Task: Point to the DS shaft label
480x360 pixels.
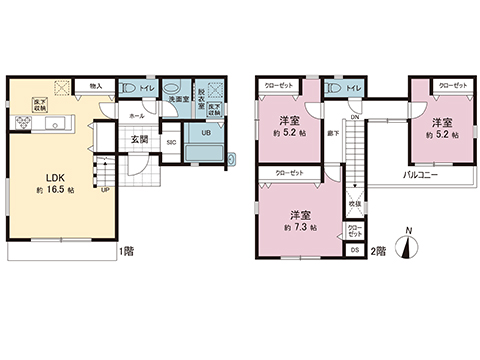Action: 355,248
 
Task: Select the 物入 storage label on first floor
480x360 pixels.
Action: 96,86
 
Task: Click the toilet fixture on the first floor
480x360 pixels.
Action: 128,89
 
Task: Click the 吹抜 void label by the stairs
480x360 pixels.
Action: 355,204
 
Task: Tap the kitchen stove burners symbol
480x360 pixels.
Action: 22,123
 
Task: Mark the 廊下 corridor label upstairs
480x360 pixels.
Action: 335,132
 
